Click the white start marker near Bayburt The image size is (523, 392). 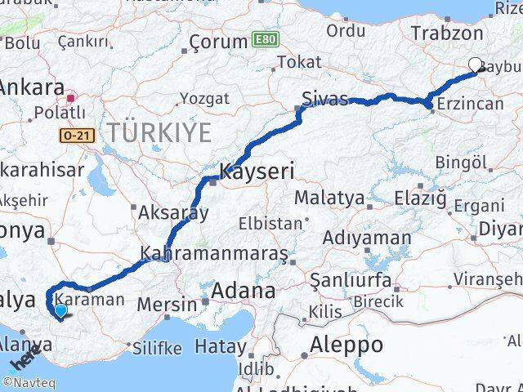(x=476, y=65)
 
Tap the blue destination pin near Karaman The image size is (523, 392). (x=60, y=310)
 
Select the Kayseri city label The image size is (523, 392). (x=256, y=172)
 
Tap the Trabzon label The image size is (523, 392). (x=448, y=33)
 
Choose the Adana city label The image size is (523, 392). (x=244, y=291)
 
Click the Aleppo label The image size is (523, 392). (x=346, y=345)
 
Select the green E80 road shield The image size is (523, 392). (x=264, y=38)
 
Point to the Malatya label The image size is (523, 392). (x=329, y=197)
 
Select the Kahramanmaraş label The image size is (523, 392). (x=214, y=254)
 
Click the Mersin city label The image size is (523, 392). (x=167, y=305)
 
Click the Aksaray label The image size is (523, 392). (x=174, y=213)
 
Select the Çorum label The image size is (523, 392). (x=218, y=42)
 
